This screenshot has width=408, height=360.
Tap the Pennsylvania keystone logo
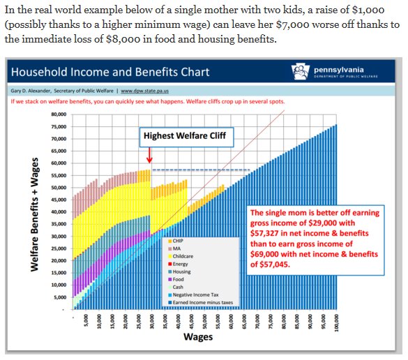302,70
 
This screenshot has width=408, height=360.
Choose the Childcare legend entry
184,256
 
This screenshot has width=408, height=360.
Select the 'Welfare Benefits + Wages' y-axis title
34,212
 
